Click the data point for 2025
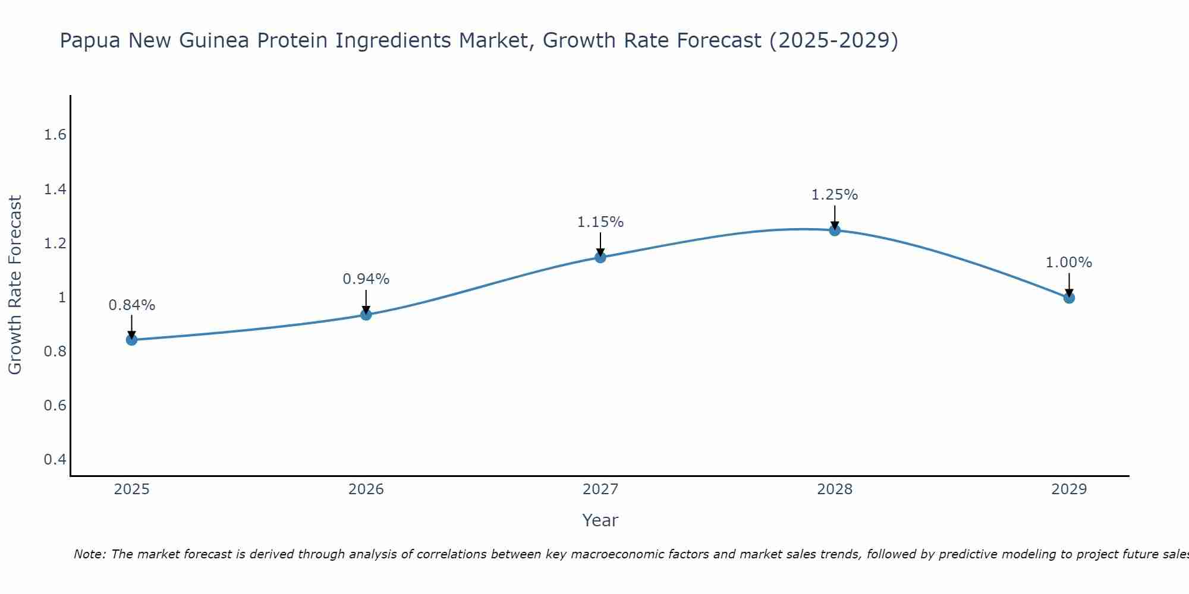(x=131, y=340)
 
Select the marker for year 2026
(x=366, y=314)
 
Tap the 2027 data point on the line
(x=600, y=257)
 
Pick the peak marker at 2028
(x=835, y=230)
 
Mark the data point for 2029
(x=1069, y=298)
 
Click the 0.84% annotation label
(x=131, y=305)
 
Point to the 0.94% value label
(x=366, y=279)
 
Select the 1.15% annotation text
(x=600, y=222)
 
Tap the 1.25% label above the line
(x=835, y=195)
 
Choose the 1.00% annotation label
(x=1069, y=263)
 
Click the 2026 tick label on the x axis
(x=366, y=489)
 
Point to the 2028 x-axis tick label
(x=835, y=489)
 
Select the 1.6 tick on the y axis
(x=55, y=135)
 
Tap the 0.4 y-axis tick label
(x=55, y=460)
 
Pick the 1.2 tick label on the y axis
(x=55, y=244)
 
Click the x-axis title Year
(x=600, y=520)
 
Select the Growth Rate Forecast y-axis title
(x=15, y=285)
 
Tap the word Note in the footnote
(x=89, y=554)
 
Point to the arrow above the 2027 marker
(x=600, y=244)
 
